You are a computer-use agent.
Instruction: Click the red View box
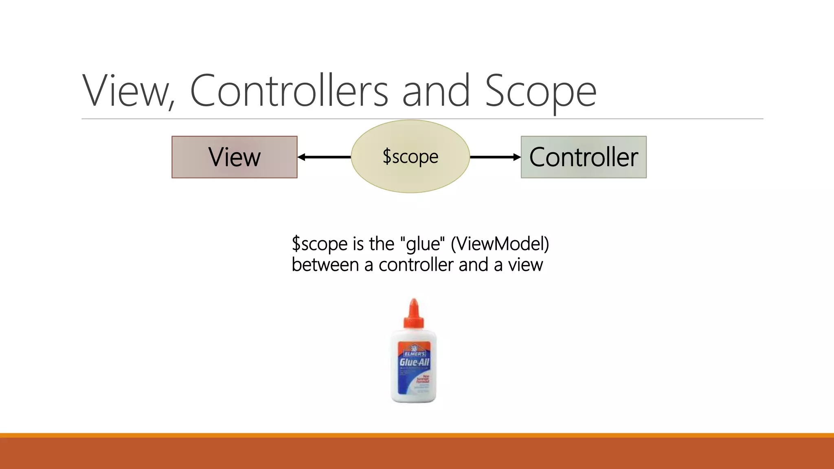tap(234, 157)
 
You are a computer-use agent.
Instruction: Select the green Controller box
tap(583, 157)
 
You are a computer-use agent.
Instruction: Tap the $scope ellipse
tap(410, 156)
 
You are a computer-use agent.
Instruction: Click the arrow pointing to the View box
tap(324, 157)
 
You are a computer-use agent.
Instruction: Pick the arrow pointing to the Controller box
tap(495, 157)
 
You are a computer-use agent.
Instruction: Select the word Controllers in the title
tap(289, 91)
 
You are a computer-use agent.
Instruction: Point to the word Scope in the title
tap(540, 92)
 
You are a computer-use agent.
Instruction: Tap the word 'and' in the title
tap(436, 91)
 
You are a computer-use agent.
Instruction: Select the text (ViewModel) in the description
tap(500, 244)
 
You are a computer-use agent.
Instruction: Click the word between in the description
tap(325, 265)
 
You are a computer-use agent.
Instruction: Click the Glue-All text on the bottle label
tap(414, 362)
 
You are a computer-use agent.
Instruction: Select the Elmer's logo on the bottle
tap(414, 351)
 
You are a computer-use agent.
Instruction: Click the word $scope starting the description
tap(320, 244)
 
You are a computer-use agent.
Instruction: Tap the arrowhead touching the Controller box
tap(517, 157)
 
